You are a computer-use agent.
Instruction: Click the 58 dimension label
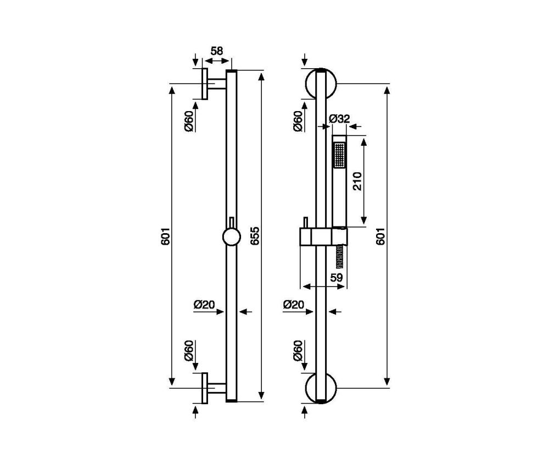217,51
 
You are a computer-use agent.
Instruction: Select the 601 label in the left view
165,236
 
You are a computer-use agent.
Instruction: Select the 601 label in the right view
380,236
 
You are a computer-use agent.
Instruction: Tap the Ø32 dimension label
340,119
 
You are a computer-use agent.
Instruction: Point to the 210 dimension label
357,181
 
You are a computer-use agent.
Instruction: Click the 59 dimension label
337,278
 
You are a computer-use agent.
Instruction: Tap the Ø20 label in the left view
204,305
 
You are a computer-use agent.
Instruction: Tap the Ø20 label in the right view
294,305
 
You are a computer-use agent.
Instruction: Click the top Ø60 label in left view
189,121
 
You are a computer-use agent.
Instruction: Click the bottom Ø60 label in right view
298,351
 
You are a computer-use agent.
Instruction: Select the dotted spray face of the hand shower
339,155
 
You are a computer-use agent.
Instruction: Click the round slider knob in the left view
232,237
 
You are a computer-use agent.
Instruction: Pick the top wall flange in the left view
204,84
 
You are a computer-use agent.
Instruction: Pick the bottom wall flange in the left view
204,388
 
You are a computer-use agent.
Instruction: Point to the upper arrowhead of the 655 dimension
261,76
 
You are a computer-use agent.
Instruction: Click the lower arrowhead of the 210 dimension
364,219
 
